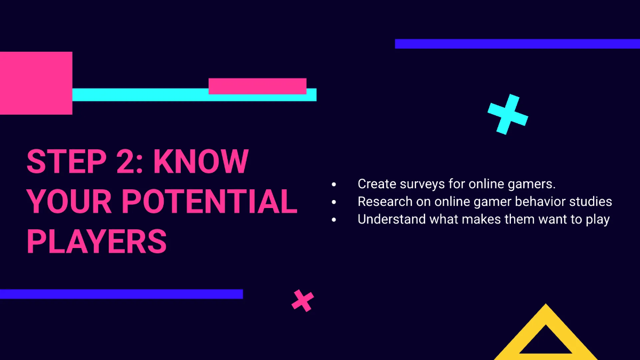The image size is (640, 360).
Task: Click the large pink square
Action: (x=36, y=83)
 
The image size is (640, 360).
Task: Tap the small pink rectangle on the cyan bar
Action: (x=257, y=86)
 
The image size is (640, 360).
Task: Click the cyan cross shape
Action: (x=508, y=114)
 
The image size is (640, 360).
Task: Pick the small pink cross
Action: (x=302, y=300)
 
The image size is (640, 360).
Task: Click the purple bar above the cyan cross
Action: (x=517, y=44)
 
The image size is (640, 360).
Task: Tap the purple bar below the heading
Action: (x=121, y=294)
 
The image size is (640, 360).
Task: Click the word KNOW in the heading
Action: (x=201, y=161)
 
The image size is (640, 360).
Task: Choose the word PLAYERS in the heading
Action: (x=97, y=242)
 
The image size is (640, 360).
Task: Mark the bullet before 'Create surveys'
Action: (x=334, y=185)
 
